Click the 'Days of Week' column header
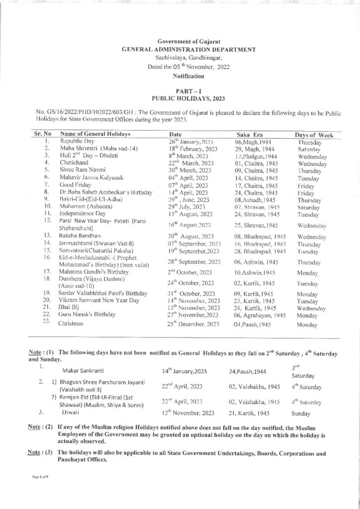pyautogui.click(x=314, y=135)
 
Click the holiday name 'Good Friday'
pyautogui.click(x=74, y=184)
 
